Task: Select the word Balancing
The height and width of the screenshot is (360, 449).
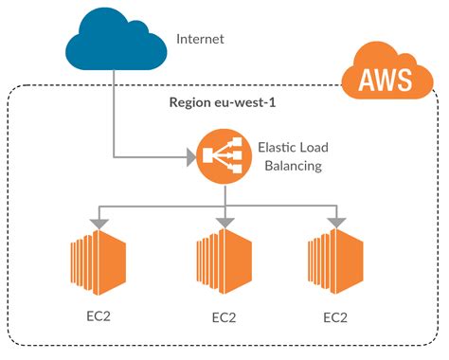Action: (x=288, y=167)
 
